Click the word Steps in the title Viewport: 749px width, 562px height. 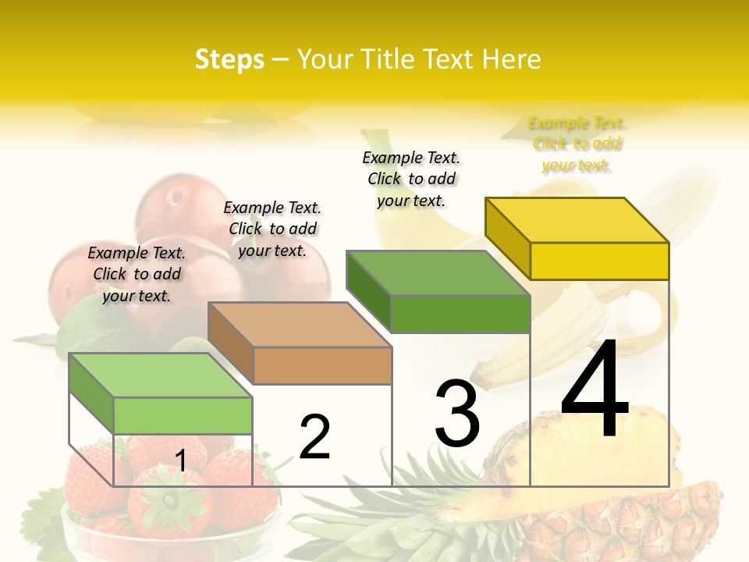[229, 59]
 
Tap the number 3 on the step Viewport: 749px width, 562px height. [457, 414]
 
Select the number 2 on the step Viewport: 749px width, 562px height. [314, 437]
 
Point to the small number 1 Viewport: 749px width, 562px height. [180, 461]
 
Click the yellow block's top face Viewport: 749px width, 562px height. [577, 220]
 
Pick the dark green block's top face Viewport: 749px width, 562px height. [438, 273]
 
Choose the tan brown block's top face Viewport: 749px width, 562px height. [300, 325]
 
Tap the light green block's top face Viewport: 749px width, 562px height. [161, 375]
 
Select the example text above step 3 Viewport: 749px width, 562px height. [411, 179]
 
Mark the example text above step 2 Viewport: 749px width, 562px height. [272, 229]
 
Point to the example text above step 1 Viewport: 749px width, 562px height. [137, 274]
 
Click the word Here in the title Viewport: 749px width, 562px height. [512, 59]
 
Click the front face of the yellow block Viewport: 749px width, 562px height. [599, 261]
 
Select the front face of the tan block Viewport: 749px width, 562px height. [323, 365]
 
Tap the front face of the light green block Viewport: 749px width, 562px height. [183, 415]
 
